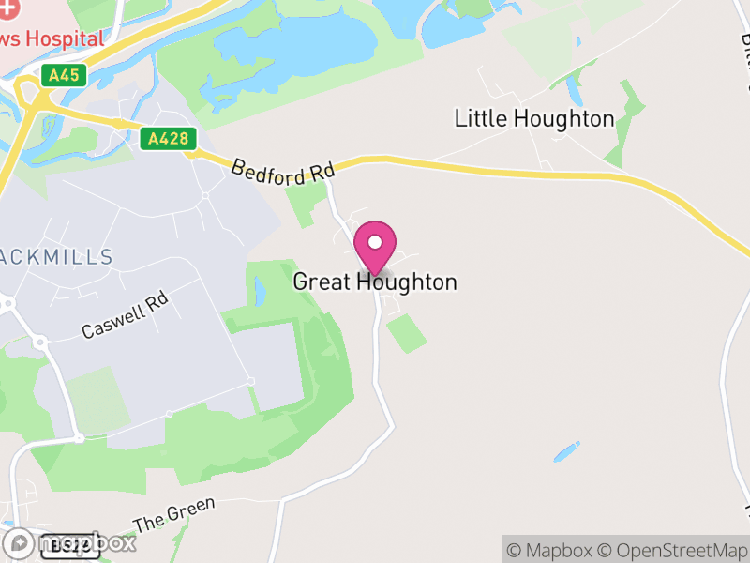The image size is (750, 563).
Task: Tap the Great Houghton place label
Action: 375,281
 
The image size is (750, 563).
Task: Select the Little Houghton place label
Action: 534,119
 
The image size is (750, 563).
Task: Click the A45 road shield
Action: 64,76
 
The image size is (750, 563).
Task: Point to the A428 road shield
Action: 170,139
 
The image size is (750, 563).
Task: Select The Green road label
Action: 173,513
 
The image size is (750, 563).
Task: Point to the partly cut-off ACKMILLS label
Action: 56,256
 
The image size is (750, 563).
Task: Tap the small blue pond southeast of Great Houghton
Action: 566,451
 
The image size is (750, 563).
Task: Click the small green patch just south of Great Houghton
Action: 407,333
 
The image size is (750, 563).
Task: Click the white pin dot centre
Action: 375,243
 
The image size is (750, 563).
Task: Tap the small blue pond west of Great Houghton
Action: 260,293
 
